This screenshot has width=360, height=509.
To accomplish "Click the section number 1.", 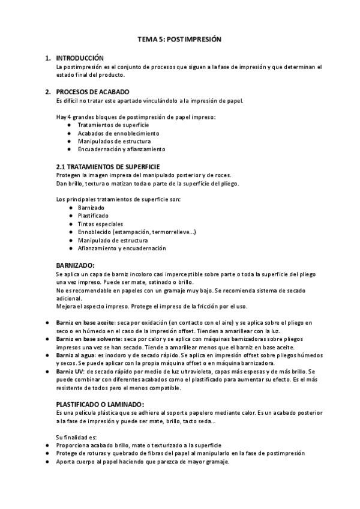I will [x=47, y=58].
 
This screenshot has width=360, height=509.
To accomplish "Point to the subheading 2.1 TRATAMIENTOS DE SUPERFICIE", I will [x=107, y=166].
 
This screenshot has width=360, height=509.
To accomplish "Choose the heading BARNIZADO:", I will [x=75, y=264].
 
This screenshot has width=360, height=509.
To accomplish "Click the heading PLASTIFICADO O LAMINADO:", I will [x=100, y=404].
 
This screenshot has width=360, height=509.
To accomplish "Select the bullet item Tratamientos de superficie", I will [x=109, y=124].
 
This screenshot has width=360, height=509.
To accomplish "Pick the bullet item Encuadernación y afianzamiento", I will [x=121, y=149].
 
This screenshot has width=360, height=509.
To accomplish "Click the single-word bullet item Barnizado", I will [x=91, y=207].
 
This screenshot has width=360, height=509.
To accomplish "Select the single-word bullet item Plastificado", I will [x=93, y=215].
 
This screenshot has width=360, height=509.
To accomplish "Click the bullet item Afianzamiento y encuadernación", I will [x=122, y=248].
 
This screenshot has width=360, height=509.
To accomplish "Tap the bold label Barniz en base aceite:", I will [x=86, y=322].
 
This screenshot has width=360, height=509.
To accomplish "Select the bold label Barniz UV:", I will [x=71, y=372].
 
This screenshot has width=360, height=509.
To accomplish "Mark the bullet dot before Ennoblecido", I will [x=71, y=232].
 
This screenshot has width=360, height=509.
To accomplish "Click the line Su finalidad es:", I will [x=75, y=437].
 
